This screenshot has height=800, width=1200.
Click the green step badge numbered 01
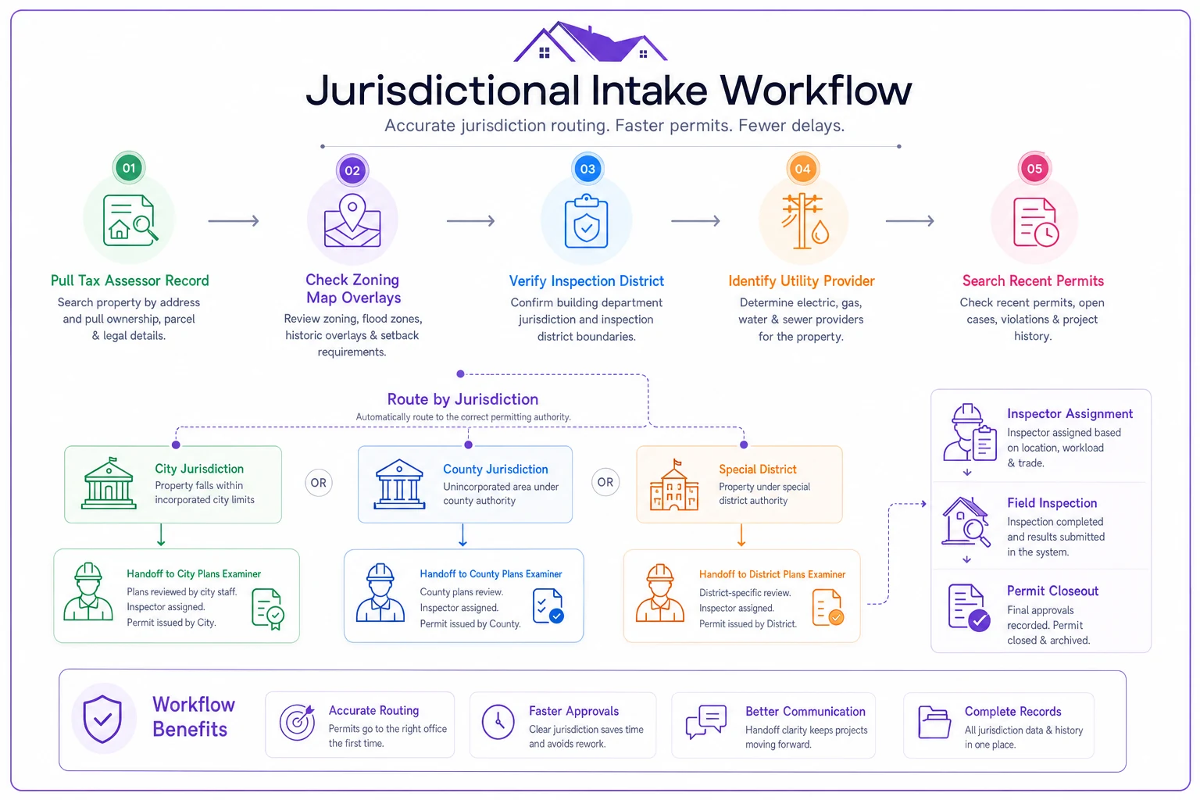coord(129,168)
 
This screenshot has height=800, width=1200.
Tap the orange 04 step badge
coord(802,170)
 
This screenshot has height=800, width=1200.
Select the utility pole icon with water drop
coord(805,221)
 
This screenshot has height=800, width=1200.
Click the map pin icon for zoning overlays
coord(352,221)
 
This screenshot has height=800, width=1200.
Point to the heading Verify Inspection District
coord(586,280)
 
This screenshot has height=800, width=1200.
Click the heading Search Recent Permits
coord(1033,280)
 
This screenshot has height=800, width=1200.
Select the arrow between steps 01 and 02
coord(234,221)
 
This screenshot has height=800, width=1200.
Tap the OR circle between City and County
coord(318,483)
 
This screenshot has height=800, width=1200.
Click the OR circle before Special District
coord(605,482)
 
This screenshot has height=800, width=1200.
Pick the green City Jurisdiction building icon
coord(109,484)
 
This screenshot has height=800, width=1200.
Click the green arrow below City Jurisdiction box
coord(161,534)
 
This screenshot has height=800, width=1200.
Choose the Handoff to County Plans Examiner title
coord(491,574)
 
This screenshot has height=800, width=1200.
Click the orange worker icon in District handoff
coord(660,593)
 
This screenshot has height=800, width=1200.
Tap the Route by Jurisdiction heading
coord(462,399)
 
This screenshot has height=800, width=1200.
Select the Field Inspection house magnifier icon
coord(966,522)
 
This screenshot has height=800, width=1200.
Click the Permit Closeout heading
coord(1052,591)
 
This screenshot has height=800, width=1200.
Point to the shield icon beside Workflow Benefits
coord(102,719)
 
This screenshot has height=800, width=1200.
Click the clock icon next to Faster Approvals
coord(498,722)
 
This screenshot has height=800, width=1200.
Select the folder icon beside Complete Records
coord(934,723)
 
